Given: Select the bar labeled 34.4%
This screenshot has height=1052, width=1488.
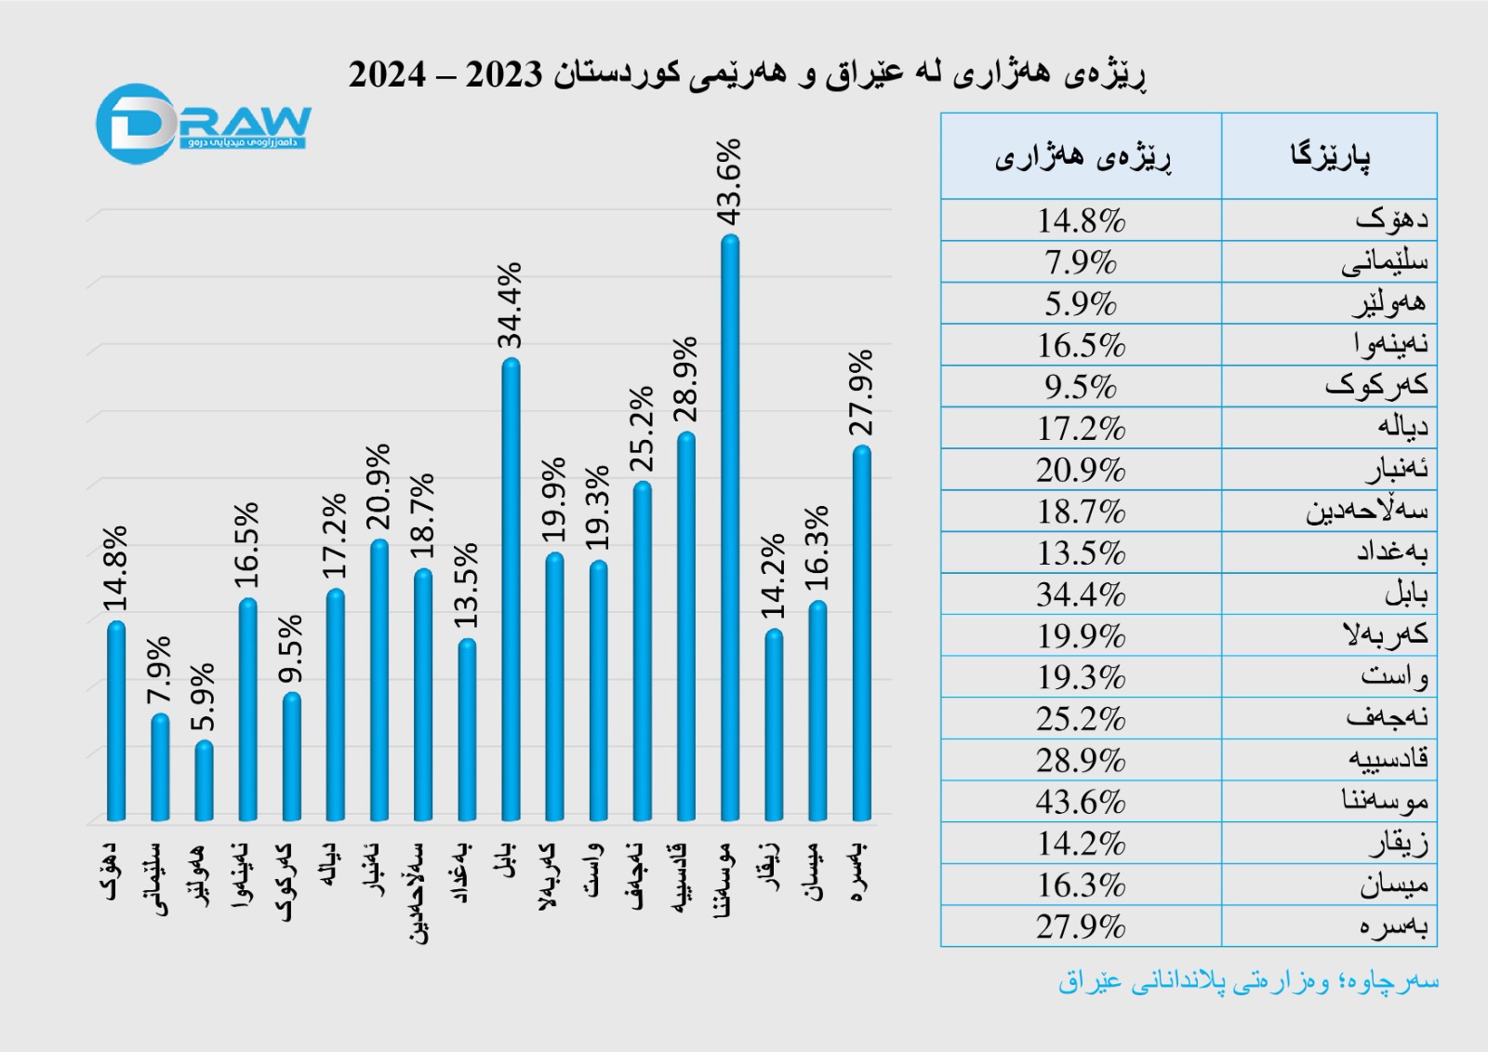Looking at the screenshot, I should click(511, 590).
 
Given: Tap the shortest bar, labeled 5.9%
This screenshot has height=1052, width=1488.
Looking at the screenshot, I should click(204, 781).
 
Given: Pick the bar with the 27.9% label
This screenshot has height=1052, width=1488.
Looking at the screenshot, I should click(862, 633).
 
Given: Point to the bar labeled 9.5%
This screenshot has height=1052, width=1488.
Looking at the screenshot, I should click(291, 757).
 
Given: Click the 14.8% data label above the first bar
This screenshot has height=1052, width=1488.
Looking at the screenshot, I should click(114, 568).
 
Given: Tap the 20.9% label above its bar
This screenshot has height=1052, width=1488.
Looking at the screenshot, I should click(379, 486).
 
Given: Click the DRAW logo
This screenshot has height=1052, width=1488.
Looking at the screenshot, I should click(203, 125).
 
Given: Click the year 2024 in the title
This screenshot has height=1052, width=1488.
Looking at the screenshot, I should click(388, 74).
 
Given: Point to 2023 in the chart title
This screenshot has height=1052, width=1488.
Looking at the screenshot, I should click(503, 74).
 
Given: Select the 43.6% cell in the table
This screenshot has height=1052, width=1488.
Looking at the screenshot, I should click(1081, 802).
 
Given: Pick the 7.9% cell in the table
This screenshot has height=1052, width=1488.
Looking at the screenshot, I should click(1081, 262).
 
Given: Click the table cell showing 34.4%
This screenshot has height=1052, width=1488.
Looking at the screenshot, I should click(1081, 594).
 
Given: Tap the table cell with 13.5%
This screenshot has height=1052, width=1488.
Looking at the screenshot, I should click(1081, 553).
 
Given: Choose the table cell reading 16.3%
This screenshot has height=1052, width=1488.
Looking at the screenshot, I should click(1081, 885).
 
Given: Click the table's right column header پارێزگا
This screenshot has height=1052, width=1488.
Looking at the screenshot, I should click(1329, 156).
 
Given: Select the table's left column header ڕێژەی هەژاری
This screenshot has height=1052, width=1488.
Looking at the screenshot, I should click(1082, 156).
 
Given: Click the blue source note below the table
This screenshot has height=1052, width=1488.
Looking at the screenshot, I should click(1248, 981).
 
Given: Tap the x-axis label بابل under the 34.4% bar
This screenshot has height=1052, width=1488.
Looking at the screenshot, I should click(507, 861).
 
